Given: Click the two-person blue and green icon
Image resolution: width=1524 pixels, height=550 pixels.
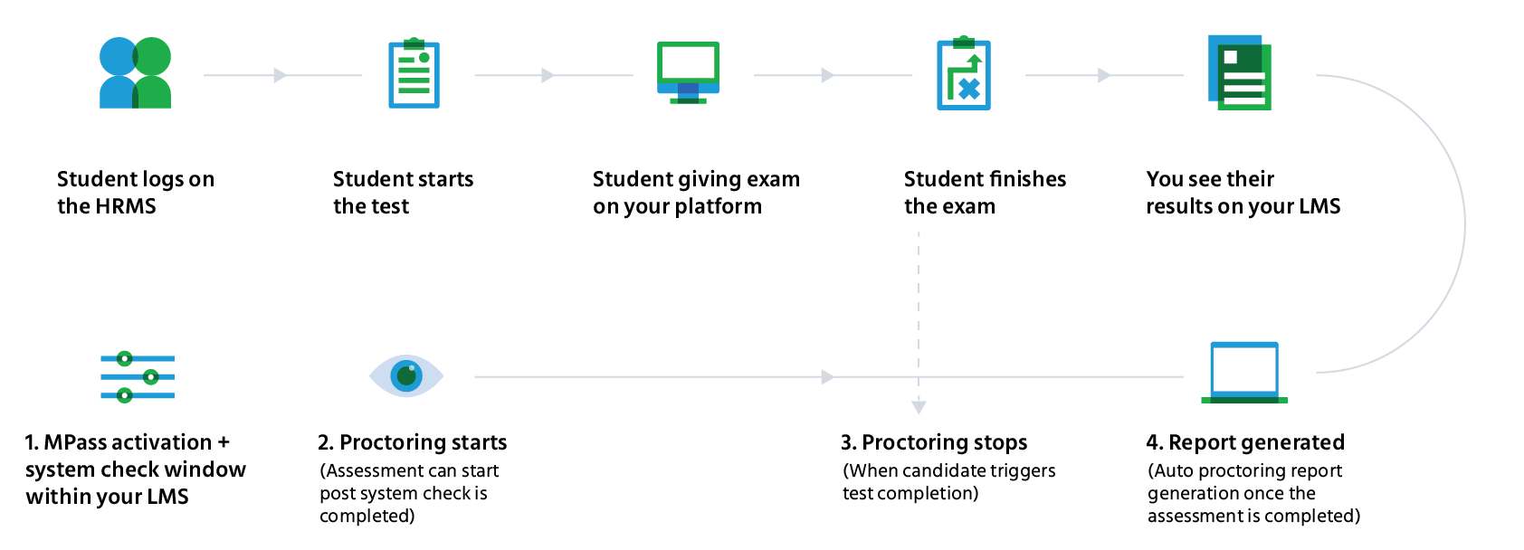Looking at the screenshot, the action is (x=135, y=72).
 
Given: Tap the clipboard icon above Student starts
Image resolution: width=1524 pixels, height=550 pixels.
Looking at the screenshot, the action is (x=414, y=73).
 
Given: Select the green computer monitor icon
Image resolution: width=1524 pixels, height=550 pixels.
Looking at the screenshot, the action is (x=688, y=72).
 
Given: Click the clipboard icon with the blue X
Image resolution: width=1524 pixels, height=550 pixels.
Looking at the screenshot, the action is (x=964, y=72).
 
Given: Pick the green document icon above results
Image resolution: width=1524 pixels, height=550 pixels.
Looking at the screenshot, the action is (x=1240, y=72).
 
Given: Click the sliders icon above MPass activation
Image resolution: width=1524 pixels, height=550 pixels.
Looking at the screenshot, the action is (x=138, y=376).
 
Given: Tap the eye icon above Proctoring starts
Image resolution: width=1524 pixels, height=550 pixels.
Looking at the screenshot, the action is (x=406, y=376).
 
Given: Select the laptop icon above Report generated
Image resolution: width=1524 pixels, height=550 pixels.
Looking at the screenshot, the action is (x=1244, y=373).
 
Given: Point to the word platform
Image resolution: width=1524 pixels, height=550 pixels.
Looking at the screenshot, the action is (x=719, y=206).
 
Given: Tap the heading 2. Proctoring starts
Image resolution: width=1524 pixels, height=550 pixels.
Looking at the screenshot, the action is (x=413, y=442).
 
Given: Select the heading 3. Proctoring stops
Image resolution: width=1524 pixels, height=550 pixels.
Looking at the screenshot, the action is (x=934, y=442).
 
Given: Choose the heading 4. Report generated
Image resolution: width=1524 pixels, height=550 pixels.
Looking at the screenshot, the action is (x=1245, y=442).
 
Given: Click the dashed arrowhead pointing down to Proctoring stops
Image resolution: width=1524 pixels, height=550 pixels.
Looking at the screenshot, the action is (x=919, y=407).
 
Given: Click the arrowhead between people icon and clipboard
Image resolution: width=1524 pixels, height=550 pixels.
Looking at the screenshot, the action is (x=280, y=75).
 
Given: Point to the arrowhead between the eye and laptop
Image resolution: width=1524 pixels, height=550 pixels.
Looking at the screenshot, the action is (x=827, y=376).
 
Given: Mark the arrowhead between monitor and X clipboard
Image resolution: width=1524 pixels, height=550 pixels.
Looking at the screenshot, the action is (x=827, y=75).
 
